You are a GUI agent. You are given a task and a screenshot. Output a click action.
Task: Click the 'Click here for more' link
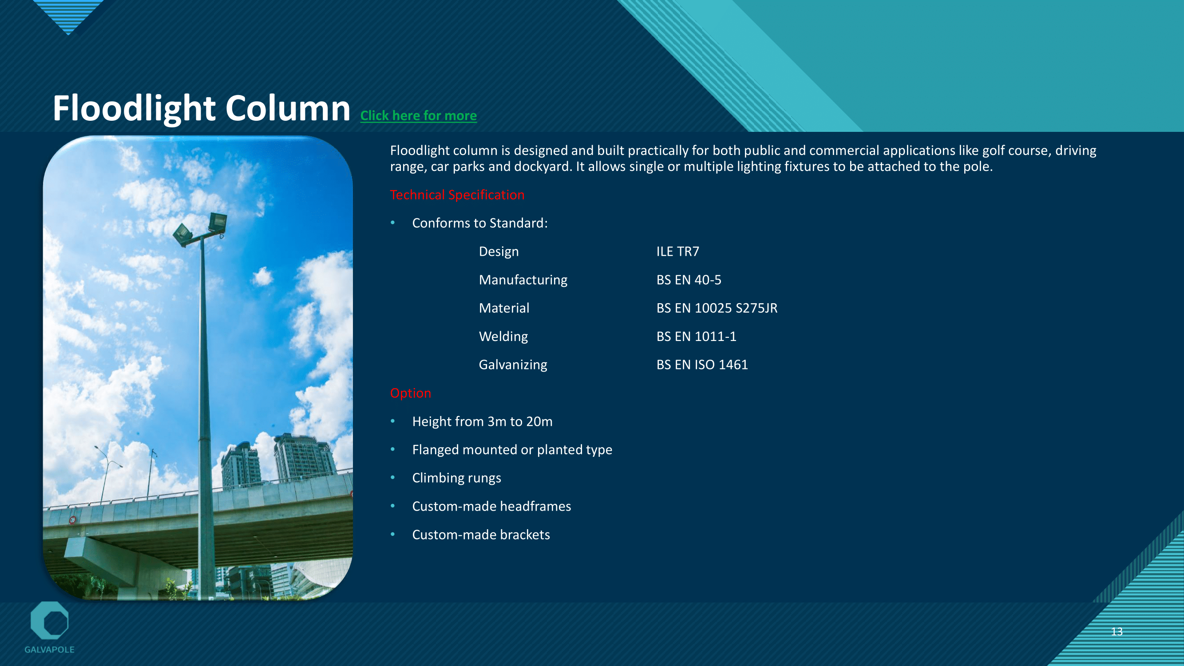point(418,115)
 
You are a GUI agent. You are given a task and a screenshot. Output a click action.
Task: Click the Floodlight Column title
point(201,108)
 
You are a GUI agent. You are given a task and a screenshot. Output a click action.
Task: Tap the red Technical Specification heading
point(457,195)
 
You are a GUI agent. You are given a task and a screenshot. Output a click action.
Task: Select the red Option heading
point(411,393)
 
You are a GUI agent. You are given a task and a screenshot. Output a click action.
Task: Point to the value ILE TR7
point(677,251)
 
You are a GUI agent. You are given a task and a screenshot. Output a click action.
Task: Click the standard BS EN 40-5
point(689,280)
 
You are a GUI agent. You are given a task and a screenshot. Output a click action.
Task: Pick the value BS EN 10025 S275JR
point(717,308)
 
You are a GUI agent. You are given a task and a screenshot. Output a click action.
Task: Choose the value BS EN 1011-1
point(696,337)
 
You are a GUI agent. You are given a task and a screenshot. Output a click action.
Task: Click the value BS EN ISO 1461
point(702,365)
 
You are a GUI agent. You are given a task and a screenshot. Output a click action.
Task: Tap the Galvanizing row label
point(513,365)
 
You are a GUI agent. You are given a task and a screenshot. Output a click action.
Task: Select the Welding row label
point(503,337)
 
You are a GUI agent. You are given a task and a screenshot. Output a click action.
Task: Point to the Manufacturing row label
point(523,280)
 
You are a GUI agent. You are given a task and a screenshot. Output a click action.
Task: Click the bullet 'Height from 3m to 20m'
point(482,421)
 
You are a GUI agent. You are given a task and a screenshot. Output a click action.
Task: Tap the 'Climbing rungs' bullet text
point(456,479)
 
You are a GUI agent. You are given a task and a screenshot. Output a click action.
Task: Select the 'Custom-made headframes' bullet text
point(491,506)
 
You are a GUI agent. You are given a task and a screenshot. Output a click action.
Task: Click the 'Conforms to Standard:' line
point(480,223)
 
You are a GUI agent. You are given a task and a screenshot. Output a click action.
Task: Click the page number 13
point(1117,631)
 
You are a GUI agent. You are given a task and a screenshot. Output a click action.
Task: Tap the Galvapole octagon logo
point(49,621)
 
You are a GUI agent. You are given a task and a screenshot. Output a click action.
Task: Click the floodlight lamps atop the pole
point(201,227)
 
